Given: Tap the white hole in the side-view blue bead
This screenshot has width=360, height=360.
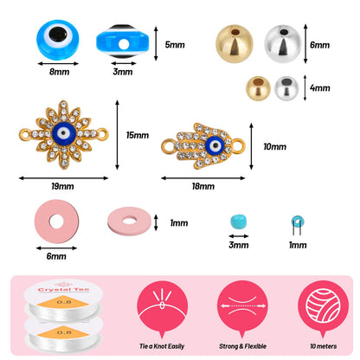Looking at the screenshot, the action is [124, 44].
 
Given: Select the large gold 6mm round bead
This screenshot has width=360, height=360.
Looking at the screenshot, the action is [235, 44].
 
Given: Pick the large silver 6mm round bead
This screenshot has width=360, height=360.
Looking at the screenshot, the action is [283, 44].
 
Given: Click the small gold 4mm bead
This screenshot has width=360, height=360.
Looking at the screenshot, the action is [258, 88].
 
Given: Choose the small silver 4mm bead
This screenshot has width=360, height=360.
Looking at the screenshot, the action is [286, 88].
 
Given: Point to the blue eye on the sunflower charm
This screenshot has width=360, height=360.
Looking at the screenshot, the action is [64, 133].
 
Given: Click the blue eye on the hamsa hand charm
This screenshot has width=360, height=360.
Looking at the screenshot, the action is [215, 145].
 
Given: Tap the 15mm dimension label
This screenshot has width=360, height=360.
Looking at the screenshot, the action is [138, 135].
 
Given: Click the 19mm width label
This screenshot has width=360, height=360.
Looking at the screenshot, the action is [62, 186].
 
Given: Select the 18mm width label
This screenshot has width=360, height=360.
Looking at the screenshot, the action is [203, 186].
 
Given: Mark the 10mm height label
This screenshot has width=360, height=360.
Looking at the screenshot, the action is [274, 146].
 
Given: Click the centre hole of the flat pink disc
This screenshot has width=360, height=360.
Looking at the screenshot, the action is [56, 222].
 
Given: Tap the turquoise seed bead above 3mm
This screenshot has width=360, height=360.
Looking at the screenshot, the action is [239, 222].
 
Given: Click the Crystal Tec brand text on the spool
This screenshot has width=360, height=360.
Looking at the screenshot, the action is [64, 289].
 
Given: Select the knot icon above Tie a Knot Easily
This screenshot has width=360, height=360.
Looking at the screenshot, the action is [162, 306].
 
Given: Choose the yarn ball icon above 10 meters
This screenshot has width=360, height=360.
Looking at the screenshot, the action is [323, 306].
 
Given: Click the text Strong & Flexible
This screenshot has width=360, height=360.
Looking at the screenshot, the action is [242, 346].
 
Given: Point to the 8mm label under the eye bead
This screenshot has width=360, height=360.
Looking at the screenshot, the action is [59, 72].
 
